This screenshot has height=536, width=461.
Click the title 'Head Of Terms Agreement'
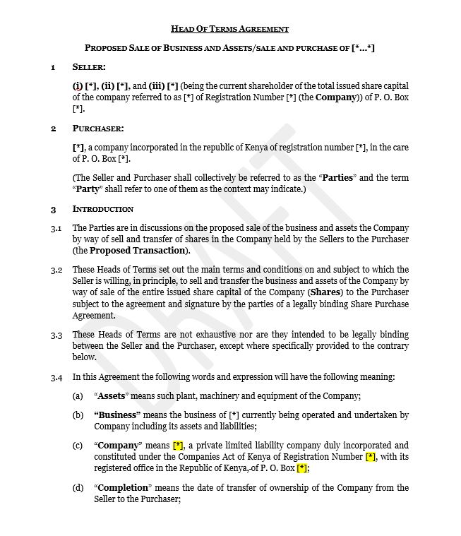pyautogui.click(x=230, y=29)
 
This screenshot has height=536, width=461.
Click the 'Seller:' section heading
pyautogui.click(x=89, y=67)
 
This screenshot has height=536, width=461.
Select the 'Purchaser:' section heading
pyautogui.click(x=98, y=129)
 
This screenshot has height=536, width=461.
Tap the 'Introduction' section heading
pyautogui.click(x=103, y=209)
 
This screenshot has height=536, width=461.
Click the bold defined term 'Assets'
pyautogui.click(x=111, y=395)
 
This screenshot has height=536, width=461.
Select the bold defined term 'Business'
pyautogui.click(x=117, y=415)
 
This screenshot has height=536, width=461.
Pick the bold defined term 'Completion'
pyautogui.click(x=123, y=488)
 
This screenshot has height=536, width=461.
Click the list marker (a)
pyautogui.click(x=78, y=395)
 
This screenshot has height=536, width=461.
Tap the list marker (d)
pyautogui.click(x=78, y=488)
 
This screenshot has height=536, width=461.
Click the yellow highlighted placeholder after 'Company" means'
pyautogui.click(x=178, y=446)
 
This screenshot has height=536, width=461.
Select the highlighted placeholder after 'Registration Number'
pyautogui.click(x=370, y=457)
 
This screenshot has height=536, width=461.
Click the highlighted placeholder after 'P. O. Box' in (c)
pyautogui.click(x=301, y=468)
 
